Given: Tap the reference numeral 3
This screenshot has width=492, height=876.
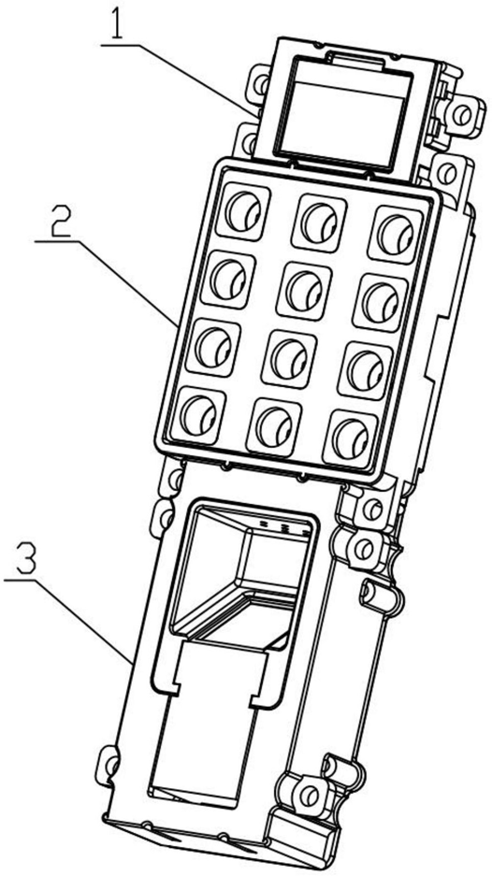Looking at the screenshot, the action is pos(25,560).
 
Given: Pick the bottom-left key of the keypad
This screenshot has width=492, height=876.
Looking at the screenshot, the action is pos(199,413).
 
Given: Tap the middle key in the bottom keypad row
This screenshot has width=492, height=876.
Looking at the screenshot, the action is pos(274,424).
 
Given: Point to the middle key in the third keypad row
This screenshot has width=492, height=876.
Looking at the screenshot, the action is pos(290,357).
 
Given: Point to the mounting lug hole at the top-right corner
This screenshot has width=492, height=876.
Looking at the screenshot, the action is pos(461,116).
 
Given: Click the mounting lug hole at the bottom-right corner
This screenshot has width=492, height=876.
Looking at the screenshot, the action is pos(308,795).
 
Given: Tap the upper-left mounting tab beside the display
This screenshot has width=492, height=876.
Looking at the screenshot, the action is pos(258,84).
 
